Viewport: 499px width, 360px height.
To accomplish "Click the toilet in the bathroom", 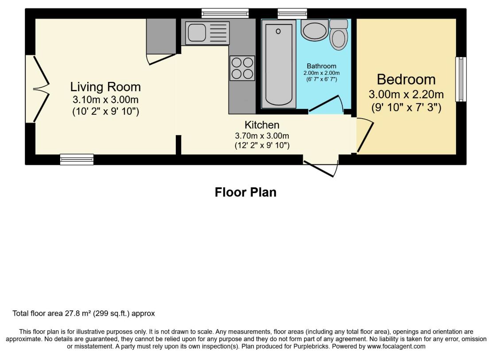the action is tap(339, 35).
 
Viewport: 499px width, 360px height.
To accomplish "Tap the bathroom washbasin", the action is tap(314, 30).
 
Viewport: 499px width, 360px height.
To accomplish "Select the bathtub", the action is tap(279, 64).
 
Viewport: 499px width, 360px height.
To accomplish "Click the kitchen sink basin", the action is tap(197, 33).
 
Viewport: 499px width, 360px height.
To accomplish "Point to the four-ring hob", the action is tap(242, 68).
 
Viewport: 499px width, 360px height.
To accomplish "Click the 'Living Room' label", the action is tap(105, 87).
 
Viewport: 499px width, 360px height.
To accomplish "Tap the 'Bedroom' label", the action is tap(406, 80).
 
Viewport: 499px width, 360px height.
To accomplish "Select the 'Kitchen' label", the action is tap(262, 125).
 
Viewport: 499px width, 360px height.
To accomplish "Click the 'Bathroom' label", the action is tap(321, 66).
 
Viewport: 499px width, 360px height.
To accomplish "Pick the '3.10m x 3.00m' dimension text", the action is tap(105, 100).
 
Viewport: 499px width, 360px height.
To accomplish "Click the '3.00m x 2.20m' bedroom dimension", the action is tap(406, 94).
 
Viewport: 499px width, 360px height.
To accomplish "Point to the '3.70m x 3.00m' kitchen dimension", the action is tap(262, 136).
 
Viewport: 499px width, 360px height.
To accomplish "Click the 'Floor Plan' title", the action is tap(245, 192).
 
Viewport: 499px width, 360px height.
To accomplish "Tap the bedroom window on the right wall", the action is tap(461, 79).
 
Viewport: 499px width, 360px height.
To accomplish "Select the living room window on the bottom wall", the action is tap(77, 159).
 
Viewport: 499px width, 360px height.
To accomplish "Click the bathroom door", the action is tap(326, 104).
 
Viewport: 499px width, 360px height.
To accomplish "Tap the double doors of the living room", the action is tap(41, 89).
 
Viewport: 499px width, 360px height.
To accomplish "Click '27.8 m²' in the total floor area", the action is tap(78, 313).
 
